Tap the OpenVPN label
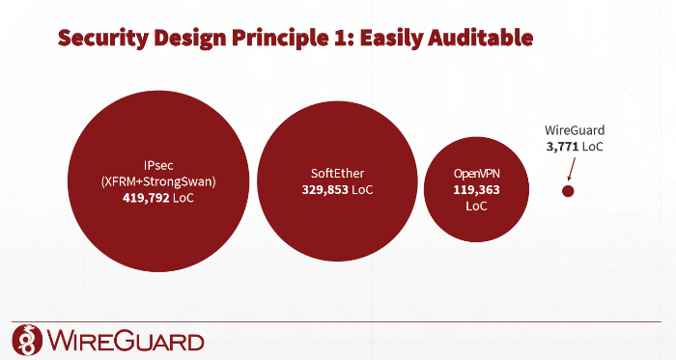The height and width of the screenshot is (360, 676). point(477,174)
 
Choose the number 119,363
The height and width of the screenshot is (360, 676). point(477,190)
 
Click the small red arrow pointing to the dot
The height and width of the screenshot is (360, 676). point(572,171)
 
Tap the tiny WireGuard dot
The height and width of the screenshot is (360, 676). point(568,191)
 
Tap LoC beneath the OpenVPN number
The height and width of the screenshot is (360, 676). point(477,206)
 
